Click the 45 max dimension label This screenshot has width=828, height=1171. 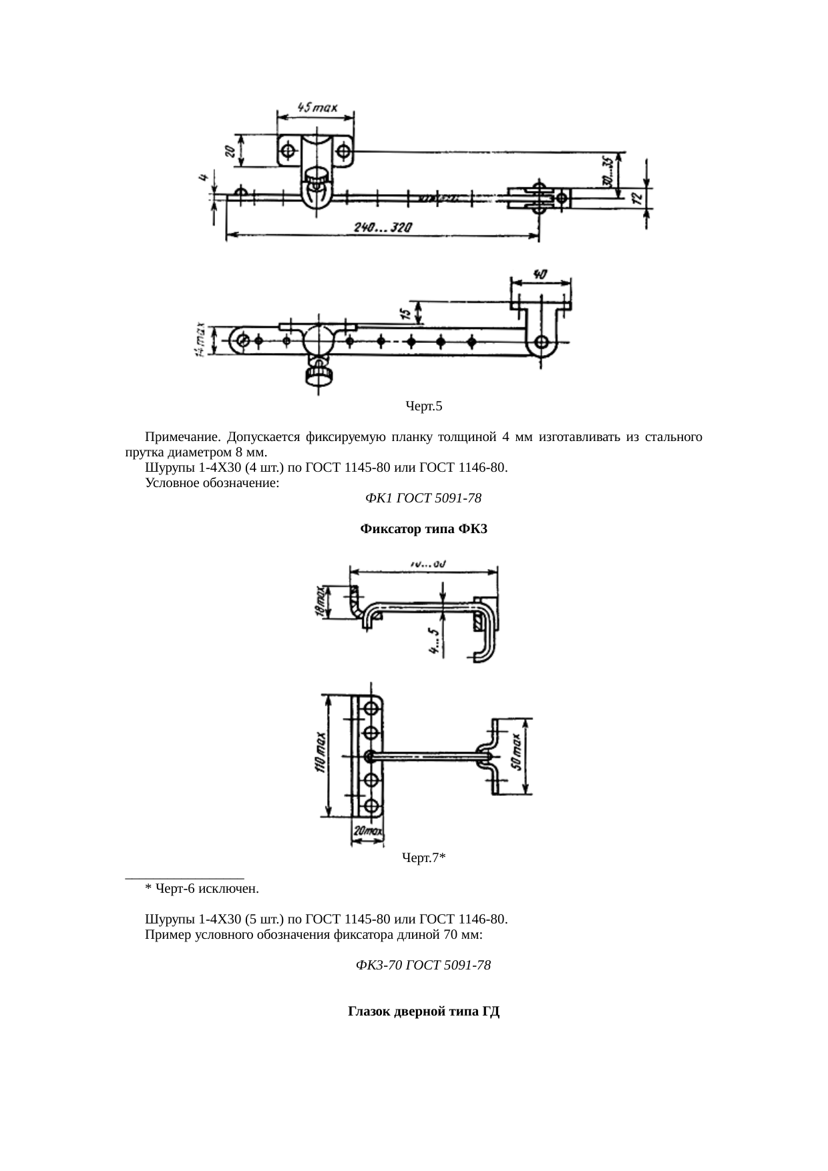pos(317,107)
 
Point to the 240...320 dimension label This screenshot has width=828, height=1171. pos(383,228)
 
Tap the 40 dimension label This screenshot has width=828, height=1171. pos(540,274)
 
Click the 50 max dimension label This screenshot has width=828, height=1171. pos(518,757)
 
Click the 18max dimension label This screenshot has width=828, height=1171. pos(321,603)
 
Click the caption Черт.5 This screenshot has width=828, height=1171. pos(424,406)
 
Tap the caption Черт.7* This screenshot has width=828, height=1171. pos(424,858)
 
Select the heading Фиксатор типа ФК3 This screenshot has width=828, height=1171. pos(424,529)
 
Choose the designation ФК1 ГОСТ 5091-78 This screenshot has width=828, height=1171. pos(424,498)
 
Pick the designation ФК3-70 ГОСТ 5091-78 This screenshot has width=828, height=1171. pos(424,965)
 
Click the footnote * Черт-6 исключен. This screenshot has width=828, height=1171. pos(202,889)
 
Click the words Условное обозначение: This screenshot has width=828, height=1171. pos(212,482)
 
